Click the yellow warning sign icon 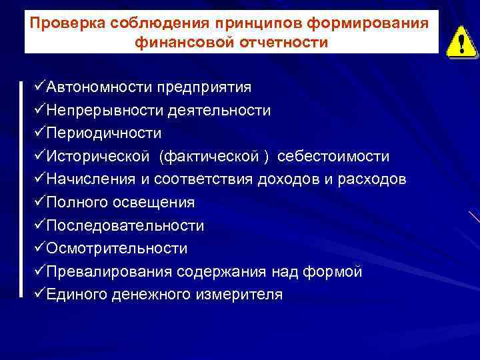(x=458, y=43)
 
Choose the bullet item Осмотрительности (x=117, y=249)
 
